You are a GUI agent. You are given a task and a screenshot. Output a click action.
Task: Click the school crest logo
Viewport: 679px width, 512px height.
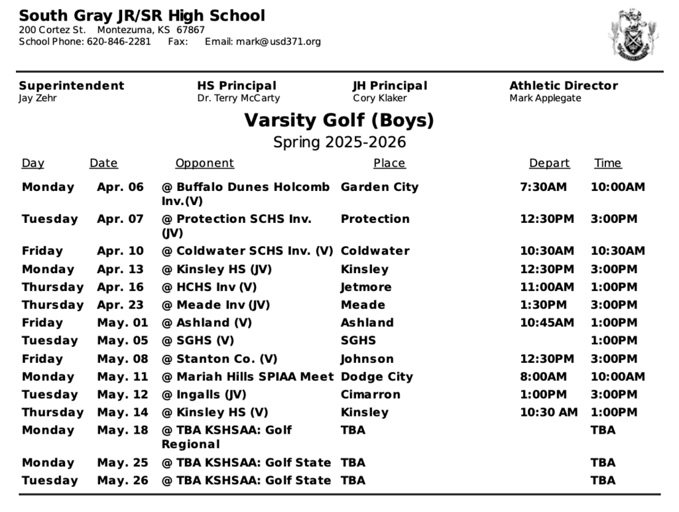click(635, 35)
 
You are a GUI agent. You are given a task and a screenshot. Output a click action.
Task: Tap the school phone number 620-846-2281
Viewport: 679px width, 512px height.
click(119, 42)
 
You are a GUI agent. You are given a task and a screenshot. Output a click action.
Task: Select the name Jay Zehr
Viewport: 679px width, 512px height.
click(38, 98)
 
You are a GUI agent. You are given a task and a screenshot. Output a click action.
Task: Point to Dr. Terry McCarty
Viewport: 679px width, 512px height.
click(238, 98)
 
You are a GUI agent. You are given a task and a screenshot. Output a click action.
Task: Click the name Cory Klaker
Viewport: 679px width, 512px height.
click(380, 98)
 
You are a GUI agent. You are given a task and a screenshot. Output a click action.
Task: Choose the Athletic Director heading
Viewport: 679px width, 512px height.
click(563, 86)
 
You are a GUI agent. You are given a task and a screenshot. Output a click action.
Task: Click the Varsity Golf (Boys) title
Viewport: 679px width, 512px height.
click(339, 121)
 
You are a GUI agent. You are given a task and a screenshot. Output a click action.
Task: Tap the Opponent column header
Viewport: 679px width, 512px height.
click(204, 163)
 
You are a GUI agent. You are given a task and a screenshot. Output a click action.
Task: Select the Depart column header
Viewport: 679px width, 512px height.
click(549, 163)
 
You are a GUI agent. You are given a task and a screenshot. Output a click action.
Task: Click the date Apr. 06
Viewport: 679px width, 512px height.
click(120, 187)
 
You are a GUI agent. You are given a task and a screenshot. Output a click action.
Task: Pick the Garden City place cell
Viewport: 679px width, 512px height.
click(379, 187)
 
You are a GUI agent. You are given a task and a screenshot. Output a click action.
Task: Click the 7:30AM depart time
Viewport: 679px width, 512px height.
click(543, 187)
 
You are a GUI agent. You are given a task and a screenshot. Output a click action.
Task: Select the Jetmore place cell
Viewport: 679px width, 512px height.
click(366, 287)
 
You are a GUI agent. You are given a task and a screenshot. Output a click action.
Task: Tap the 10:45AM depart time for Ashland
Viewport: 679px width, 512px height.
click(546, 323)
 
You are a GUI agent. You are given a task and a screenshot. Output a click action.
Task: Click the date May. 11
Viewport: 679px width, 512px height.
click(123, 377)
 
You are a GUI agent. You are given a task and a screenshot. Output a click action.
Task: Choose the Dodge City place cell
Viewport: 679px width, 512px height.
click(377, 377)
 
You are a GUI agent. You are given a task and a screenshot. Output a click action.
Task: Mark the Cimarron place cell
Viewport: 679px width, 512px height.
click(370, 395)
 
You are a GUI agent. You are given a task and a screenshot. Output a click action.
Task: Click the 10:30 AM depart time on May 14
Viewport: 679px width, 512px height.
click(548, 413)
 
